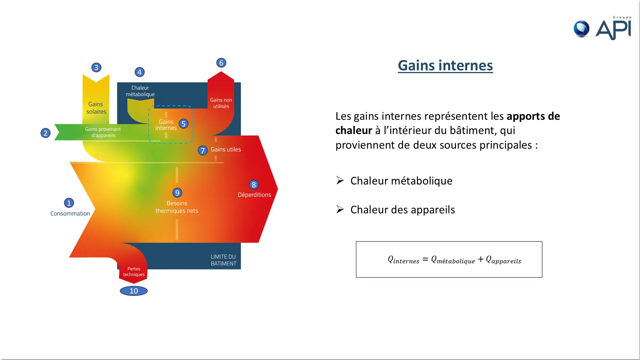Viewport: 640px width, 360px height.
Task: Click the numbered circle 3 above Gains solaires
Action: (x=96, y=67)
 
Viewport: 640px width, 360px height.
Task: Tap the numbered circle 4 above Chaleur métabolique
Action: (x=139, y=72)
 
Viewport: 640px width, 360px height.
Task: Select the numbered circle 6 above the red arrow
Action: (x=221, y=63)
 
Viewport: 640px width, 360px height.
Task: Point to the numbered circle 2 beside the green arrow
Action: (x=45, y=133)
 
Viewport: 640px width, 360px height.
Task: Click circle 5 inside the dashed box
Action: (x=183, y=124)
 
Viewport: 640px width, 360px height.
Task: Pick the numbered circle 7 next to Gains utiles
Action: (x=202, y=150)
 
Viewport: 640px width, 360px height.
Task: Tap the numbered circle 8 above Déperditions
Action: (x=254, y=184)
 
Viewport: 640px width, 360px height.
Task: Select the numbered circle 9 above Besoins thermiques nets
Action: (x=177, y=193)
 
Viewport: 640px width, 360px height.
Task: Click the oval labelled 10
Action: (x=134, y=291)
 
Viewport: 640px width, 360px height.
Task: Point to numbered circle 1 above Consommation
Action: (x=69, y=203)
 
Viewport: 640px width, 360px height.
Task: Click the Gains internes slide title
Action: (x=445, y=65)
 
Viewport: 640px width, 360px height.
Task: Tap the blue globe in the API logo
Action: (x=582, y=28)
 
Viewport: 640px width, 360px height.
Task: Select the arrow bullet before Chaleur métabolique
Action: (x=340, y=180)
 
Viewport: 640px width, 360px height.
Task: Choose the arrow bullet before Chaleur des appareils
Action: (x=340, y=209)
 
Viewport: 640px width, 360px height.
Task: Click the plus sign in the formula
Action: (x=481, y=259)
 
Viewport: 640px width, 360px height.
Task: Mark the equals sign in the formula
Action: (x=426, y=259)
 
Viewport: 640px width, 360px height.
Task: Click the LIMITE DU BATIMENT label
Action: (x=223, y=260)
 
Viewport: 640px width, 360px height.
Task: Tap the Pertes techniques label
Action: (x=134, y=271)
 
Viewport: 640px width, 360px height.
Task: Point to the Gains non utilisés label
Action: (x=221, y=103)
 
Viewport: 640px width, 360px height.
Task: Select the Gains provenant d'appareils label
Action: (x=103, y=132)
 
